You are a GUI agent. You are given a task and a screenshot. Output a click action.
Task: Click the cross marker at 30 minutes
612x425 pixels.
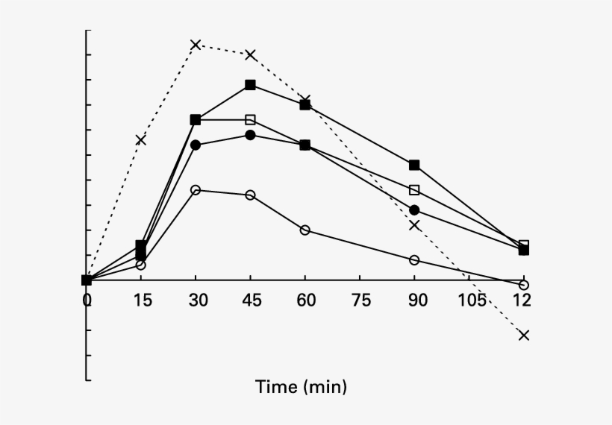click(196, 45)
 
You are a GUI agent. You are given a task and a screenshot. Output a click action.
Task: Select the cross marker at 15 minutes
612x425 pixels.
click(141, 139)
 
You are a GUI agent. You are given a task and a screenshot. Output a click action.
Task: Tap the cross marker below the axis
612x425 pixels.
click(523, 335)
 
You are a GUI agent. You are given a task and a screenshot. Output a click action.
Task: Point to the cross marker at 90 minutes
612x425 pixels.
click(414, 224)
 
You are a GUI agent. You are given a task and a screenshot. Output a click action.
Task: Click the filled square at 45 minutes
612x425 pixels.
click(250, 85)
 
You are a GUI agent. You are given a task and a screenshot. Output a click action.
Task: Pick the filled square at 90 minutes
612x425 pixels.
click(414, 165)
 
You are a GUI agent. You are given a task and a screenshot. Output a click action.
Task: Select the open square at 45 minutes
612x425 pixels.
click(250, 119)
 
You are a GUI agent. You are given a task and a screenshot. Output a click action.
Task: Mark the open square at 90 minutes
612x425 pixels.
click(414, 189)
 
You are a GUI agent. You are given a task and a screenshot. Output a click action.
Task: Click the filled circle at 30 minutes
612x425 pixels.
click(196, 145)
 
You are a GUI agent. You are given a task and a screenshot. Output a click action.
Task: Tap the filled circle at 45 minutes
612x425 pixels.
click(250, 135)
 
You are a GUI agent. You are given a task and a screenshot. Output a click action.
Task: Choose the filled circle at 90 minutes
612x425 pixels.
click(414, 210)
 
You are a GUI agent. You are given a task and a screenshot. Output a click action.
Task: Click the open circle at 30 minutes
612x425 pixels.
click(196, 190)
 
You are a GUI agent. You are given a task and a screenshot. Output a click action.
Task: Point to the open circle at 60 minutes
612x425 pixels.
click(305, 230)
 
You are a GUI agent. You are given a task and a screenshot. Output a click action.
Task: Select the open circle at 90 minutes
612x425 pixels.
click(414, 259)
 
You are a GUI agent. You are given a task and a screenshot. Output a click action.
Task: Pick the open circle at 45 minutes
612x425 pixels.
click(250, 195)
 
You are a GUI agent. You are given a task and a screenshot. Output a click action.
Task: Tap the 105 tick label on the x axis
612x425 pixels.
click(472, 300)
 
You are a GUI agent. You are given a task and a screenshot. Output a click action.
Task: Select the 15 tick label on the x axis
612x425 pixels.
click(142, 300)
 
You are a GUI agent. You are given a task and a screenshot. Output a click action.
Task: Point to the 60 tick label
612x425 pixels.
click(305, 300)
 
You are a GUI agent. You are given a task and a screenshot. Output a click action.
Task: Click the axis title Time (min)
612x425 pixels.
click(301, 387)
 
